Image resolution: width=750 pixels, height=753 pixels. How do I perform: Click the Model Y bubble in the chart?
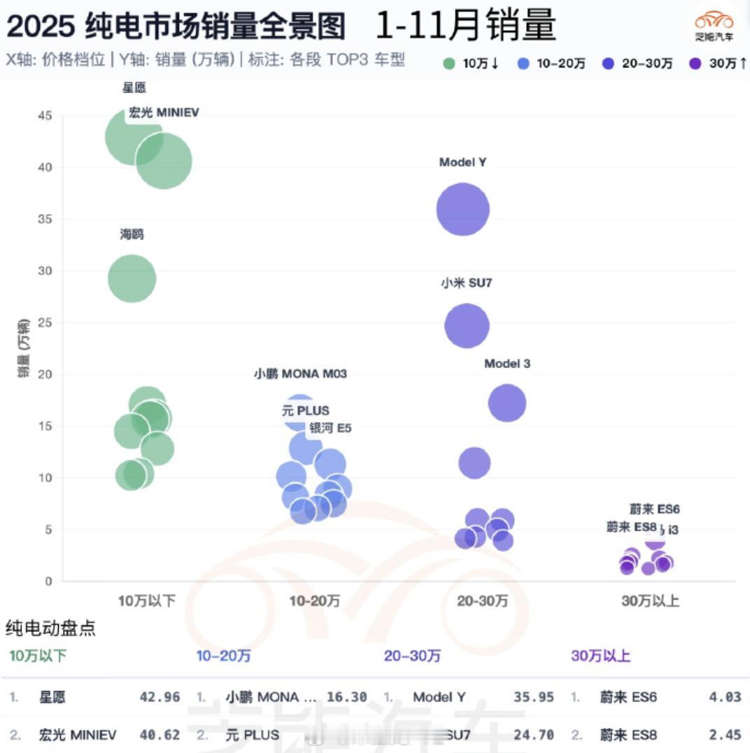pyautogui.click(x=462, y=209)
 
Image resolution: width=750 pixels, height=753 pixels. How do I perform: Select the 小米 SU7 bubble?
pyautogui.click(x=467, y=325)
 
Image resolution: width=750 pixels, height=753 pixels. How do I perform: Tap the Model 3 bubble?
pyautogui.click(x=507, y=402)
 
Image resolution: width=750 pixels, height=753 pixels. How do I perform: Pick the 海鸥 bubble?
pyautogui.click(x=132, y=279)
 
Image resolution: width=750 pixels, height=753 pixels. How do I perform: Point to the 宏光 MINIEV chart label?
pyautogui.click(x=164, y=112)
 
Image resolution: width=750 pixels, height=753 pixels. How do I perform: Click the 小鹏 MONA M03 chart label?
pyautogui.click(x=300, y=374)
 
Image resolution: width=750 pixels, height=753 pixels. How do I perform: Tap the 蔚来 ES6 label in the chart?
pyautogui.click(x=654, y=509)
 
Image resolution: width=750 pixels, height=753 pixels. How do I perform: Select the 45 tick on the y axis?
pyautogui.click(x=45, y=115)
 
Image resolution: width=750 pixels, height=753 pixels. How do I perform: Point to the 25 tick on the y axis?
pyautogui.click(x=45, y=323)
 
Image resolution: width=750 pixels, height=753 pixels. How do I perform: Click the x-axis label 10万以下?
pyautogui.click(x=146, y=601)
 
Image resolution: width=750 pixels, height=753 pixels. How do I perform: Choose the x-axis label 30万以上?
pyautogui.click(x=651, y=601)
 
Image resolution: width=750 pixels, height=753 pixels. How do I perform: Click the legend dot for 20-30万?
pyautogui.click(x=609, y=64)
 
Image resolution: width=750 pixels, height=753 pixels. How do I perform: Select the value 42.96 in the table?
pyautogui.click(x=160, y=697)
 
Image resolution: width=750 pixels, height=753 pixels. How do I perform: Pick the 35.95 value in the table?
pyautogui.click(x=535, y=697)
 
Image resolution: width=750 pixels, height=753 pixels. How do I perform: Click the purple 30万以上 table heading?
pyautogui.click(x=600, y=656)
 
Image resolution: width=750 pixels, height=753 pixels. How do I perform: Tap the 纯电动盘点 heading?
pyautogui.click(x=50, y=628)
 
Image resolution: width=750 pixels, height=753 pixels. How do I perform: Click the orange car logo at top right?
pyautogui.click(x=714, y=21)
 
